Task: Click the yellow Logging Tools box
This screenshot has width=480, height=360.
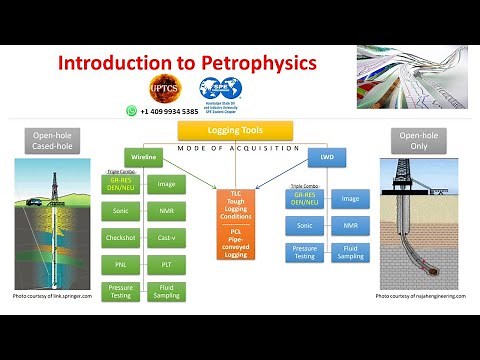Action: tap(236, 130)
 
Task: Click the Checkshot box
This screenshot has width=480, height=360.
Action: tap(120, 238)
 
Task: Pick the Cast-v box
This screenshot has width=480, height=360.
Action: tap(167, 238)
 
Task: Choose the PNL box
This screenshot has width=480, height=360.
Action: tap(120, 265)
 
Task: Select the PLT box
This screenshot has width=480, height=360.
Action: tap(167, 265)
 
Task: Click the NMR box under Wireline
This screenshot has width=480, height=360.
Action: tap(167, 211)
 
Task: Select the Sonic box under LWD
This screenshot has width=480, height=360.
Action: tap(304, 226)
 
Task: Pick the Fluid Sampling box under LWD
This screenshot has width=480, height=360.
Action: tap(350, 253)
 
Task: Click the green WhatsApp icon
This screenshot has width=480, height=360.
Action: tap(131, 111)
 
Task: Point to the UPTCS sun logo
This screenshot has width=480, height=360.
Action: tap(162, 89)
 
